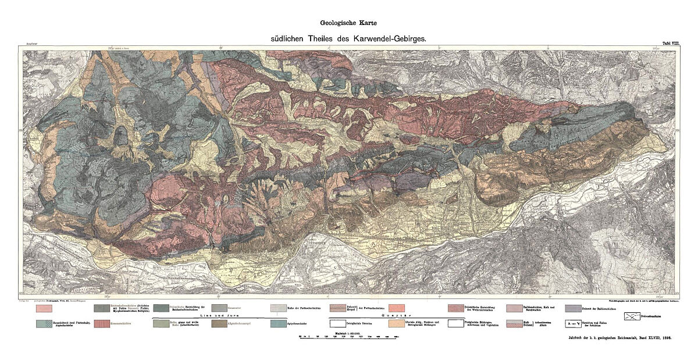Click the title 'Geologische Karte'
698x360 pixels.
pyautogui.click(x=348, y=24)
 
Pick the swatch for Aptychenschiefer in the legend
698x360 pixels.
pyautogui.click(x=282, y=324)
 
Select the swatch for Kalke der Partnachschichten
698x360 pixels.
pyautogui.click(x=282, y=308)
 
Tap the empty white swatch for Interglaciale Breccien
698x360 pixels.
pyautogui.click(x=341, y=324)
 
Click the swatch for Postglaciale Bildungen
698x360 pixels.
pyautogui.click(x=459, y=324)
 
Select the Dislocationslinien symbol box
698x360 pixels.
pyautogui.click(x=635, y=317)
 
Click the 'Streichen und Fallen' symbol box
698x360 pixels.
pyautogui.click(x=576, y=324)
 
